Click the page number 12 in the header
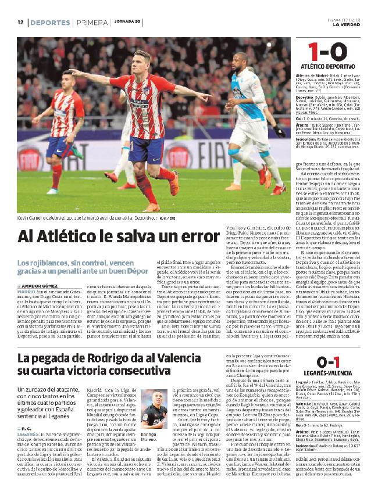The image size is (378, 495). tap(20, 23)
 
